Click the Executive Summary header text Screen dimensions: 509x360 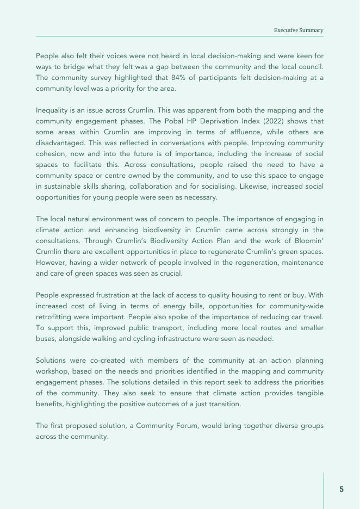click(x=299, y=30)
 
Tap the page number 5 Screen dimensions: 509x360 click(x=342, y=489)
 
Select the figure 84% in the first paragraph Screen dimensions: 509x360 click(x=177, y=77)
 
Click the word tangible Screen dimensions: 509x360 click(x=308, y=393)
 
